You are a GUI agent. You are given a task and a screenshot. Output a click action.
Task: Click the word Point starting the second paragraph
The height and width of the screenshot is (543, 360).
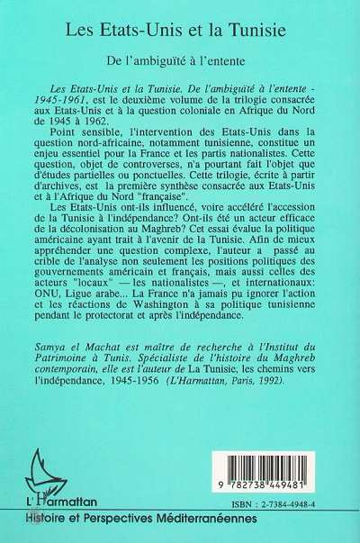tap(82, 146)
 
